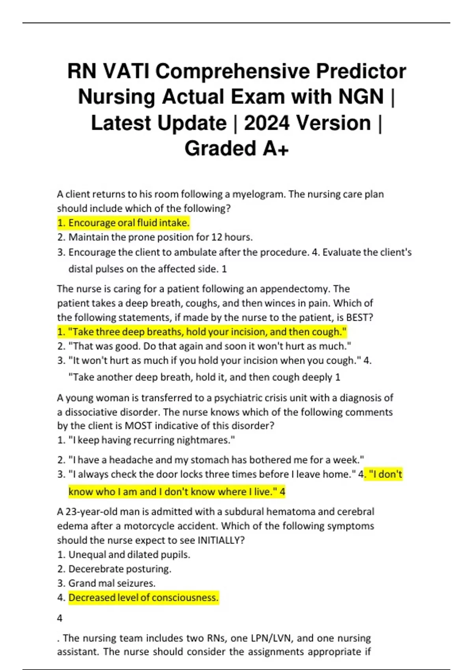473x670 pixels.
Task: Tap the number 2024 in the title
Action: tap(266, 123)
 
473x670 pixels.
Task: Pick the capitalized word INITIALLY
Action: tap(220, 540)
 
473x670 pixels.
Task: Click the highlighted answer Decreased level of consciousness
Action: tap(143, 597)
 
